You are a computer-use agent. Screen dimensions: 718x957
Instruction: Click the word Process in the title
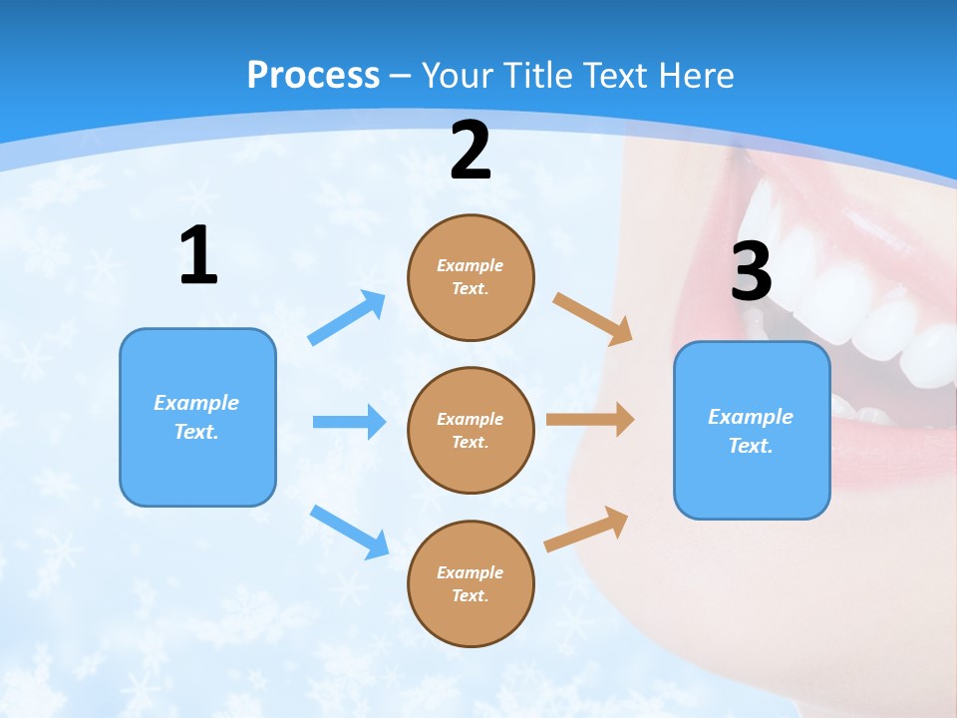(x=313, y=75)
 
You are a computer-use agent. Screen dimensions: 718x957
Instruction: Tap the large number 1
(x=198, y=256)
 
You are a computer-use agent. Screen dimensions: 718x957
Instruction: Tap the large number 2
(x=471, y=152)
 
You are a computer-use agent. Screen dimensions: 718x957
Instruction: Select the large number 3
(x=751, y=271)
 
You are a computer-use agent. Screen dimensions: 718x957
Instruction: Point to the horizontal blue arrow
(x=349, y=422)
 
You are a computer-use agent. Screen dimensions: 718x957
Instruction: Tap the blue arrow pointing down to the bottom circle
(x=350, y=532)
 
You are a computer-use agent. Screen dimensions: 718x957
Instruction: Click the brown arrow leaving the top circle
(x=592, y=318)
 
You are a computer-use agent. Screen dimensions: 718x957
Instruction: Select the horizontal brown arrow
(x=589, y=420)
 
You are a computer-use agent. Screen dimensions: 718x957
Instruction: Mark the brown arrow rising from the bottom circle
(x=586, y=530)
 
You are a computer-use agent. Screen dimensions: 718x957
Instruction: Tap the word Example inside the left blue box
(x=196, y=403)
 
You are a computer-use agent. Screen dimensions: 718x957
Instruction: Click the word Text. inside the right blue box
(x=751, y=446)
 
